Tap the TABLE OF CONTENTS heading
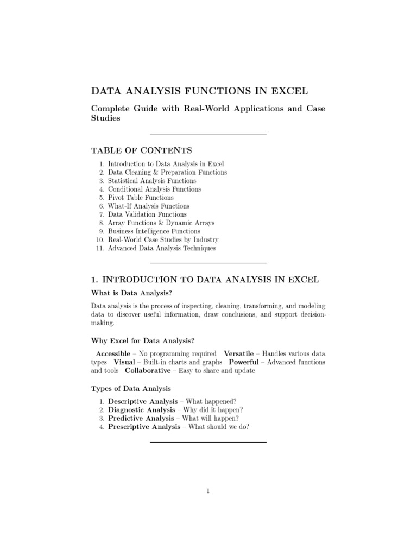click(141, 150)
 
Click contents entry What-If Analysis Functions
click(148, 206)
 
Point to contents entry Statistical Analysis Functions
click(152, 181)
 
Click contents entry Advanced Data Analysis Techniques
click(161, 248)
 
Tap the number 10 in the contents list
click(99, 240)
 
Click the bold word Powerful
click(244, 362)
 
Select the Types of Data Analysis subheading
click(130, 388)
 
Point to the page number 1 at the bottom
click(208, 491)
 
